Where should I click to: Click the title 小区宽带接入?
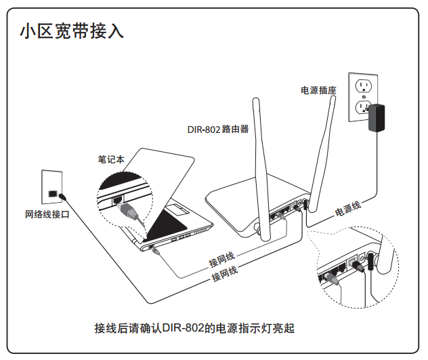[x=71, y=31]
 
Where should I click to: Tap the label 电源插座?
[x=319, y=89]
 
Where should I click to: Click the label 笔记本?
[x=111, y=159]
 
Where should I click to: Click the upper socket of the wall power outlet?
[x=364, y=85]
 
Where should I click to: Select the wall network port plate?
[x=52, y=186]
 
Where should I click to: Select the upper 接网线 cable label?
[x=222, y=260]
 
